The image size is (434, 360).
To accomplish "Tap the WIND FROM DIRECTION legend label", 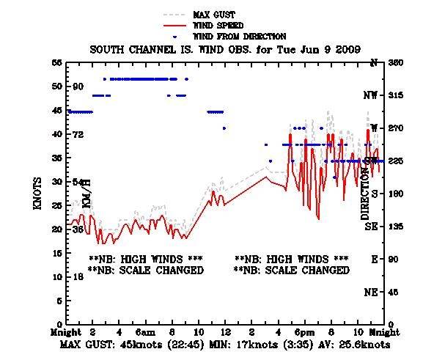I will point(239,36).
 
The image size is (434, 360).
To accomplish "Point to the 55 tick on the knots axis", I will point(56,63).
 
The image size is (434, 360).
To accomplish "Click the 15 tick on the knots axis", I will point(56,253).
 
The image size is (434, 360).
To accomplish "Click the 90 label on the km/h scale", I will point(78,87).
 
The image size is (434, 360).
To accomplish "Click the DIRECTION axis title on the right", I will point(365,193).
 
